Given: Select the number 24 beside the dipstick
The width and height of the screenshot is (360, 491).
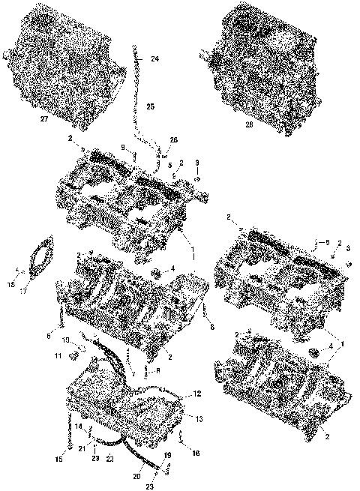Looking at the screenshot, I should pos(154,58).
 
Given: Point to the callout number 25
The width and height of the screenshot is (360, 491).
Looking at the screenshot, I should pos(150,108).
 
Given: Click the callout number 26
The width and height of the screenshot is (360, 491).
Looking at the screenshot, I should pos(174,140).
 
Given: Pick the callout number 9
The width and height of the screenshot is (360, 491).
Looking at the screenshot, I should pos(124,148).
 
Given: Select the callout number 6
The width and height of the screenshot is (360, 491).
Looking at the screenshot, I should pos(49,337).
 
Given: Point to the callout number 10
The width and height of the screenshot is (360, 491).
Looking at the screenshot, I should pos(65,340).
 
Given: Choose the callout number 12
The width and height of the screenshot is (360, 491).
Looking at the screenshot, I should pos(196,394).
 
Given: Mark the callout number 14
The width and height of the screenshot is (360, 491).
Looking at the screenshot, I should pos(79,427).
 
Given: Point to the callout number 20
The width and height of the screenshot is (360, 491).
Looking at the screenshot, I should pos(136,475).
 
